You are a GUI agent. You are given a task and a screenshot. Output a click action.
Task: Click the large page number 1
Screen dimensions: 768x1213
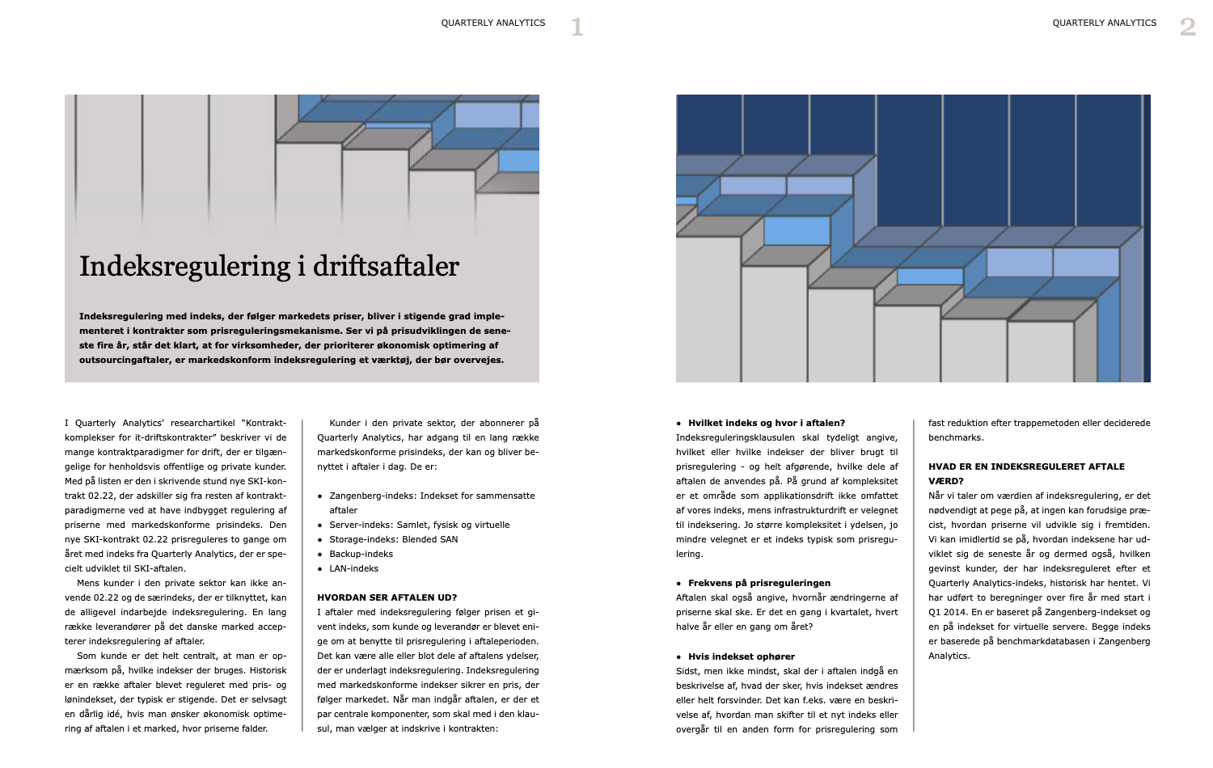pos(577,27)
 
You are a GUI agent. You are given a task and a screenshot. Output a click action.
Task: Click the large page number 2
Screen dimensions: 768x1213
pos(1187,27)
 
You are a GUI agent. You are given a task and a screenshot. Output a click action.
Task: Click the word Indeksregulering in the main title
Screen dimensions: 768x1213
pos(185,266)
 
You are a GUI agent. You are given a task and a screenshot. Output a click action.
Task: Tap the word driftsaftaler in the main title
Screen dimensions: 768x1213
pos(386,266)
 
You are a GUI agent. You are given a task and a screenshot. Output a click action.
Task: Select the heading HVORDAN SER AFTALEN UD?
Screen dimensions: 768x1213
pos(387,597)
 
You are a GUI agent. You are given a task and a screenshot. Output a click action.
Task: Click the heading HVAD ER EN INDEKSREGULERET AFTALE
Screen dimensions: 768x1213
pos(1026,466)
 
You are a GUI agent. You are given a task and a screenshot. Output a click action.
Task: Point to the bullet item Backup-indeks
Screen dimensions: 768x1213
pos(361,554)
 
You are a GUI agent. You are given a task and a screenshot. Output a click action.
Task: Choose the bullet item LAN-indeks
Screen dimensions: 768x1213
pos(353,568)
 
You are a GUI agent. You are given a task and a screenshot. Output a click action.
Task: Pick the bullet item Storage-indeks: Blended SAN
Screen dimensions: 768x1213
pos(393,539)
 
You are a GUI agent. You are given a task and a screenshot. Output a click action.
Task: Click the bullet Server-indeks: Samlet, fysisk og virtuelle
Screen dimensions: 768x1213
pos(419,525)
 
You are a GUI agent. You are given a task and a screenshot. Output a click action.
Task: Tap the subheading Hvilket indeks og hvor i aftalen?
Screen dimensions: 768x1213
pos(766,423)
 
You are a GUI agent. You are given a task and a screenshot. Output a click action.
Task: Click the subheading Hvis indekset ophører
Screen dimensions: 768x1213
pos(741,656)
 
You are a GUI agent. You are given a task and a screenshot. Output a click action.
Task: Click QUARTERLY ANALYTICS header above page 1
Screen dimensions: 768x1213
pos(493,23)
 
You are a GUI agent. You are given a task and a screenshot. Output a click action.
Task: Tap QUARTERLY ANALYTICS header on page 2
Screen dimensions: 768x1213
pos(1104,23)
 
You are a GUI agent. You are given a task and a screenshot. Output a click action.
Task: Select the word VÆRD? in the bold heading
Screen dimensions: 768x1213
pos(945,481)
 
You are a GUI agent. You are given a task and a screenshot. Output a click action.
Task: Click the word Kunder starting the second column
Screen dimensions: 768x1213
pos(344,423)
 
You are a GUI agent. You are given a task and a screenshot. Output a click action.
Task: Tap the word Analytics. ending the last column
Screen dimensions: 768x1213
pos(949,656)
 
